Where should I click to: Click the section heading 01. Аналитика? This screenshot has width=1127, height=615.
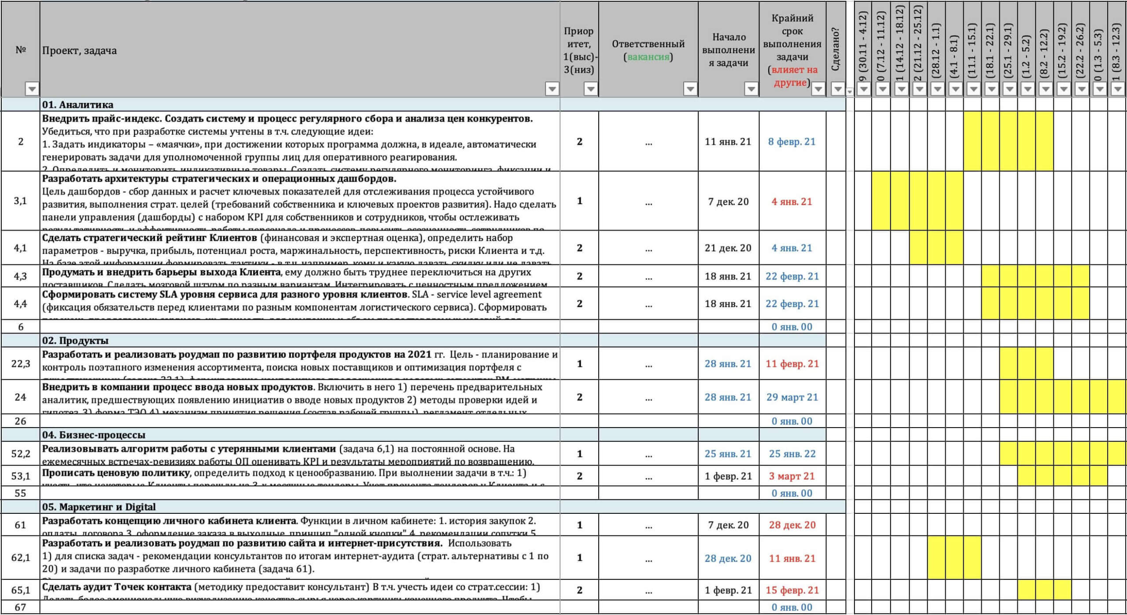pyautogui.click(x=77, y=105)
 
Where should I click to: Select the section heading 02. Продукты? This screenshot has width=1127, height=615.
pyautogui.click(x=75, y=340)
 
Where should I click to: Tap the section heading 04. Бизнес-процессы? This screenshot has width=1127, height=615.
pyautogui.click(x=93, y=435)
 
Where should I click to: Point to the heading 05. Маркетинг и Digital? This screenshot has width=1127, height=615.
pyautogui.click(x=99, y=507)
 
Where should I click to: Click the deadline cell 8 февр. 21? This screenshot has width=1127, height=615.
pyautogui.click(x=792, y=142)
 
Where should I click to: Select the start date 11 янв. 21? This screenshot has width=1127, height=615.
pyautogui.click(x=728, y=142)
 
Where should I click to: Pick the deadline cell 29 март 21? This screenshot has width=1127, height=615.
pyautogui.click(x=792, y=397)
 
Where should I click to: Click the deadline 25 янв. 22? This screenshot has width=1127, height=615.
pyautogui.click(x=792, y=454)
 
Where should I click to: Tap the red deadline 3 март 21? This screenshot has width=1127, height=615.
pyautogui.click(x=792, y=476)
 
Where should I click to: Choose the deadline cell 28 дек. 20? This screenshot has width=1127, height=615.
pyautogui.click(x=792, y=525)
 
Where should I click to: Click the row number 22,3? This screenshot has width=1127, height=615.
pyautogui.click(x=21, y=363)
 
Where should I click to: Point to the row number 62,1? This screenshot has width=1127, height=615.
pyautogui.click(x=21, y=558)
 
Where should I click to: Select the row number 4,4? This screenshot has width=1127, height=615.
pyautogui.click(x=21, y=304)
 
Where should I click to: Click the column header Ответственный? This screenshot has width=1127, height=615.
pyautogui.click(x=648, y=44)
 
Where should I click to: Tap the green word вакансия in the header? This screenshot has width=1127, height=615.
pyautogui.click(x=648, y=57)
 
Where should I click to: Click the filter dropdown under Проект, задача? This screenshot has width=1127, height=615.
pyautogui.click(x=552, y=89)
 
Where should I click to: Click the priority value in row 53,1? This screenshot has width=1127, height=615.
pyautogui.click(x=579, y=476)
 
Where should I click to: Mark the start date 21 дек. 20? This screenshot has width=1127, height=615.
pyautogui.click(x=728, y=248)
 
